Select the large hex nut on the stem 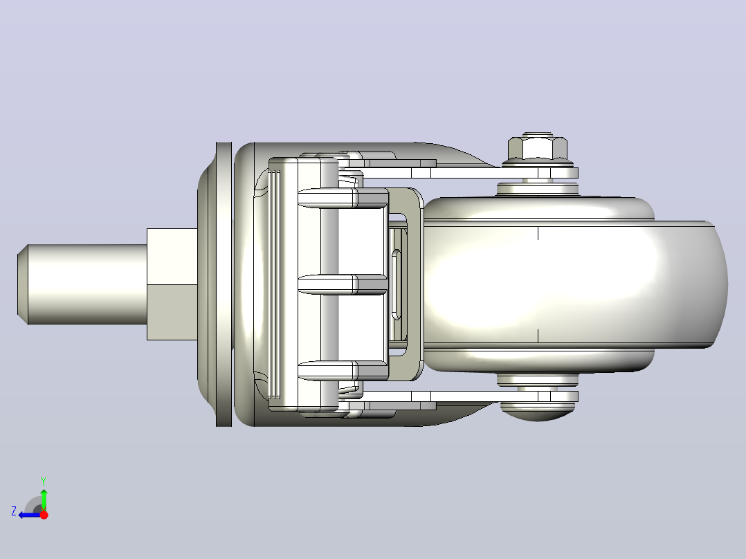[172, 284]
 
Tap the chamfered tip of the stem [22, 284]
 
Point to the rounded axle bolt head [538, 412]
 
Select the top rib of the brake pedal [343, 198]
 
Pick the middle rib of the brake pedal [343, 284]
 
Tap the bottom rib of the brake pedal [343, 371]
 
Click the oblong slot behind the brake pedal [396, 284]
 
